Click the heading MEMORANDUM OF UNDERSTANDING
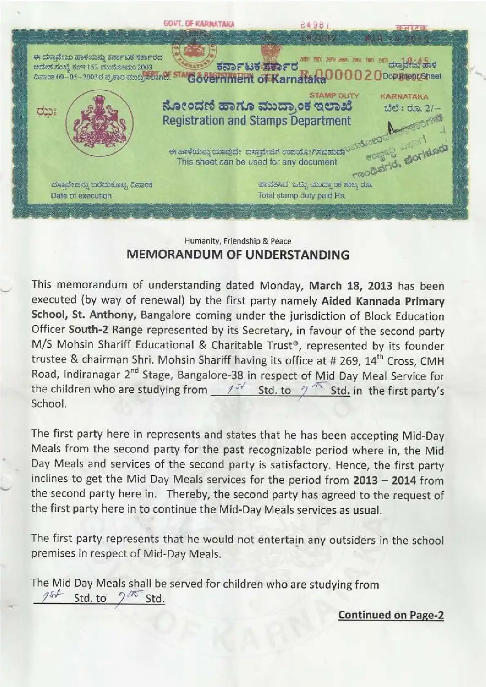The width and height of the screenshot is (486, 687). click(238, 255)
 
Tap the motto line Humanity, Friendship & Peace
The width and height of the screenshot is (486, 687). click(238, 241)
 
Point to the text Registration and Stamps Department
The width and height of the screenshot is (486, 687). click(256, 121)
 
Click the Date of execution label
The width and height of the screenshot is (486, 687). click(81, 196)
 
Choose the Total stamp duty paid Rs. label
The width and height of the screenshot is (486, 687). click(301, 196)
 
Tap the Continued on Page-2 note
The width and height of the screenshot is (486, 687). click(391, 615)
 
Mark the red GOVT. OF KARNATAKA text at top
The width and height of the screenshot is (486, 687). click(198, 24)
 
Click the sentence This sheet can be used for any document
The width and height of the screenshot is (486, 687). click(257, 162)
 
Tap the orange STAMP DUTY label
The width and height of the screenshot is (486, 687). click(334, 96)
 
